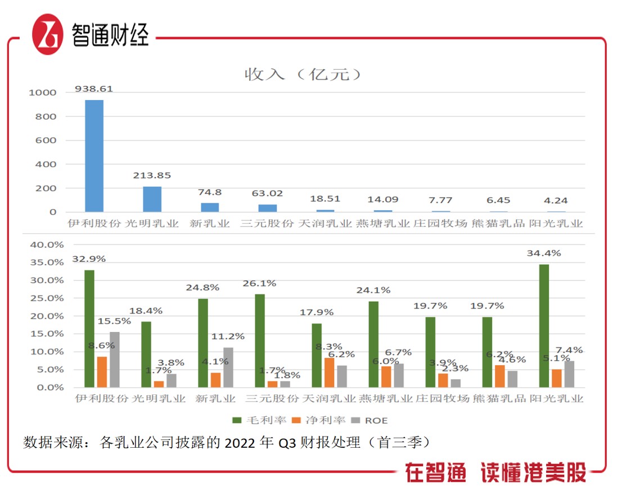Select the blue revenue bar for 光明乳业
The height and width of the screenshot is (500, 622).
152,199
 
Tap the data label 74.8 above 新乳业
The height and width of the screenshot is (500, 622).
209,192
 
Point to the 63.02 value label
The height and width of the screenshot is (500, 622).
267,193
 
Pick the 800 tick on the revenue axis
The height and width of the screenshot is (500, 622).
44,116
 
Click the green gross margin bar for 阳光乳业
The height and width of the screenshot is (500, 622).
544,326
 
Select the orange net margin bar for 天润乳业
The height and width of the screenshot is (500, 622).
329,372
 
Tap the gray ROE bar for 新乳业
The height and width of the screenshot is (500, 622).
228,367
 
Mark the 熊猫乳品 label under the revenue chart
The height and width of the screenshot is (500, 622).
498,224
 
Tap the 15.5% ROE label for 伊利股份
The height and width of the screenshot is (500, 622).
115,321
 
